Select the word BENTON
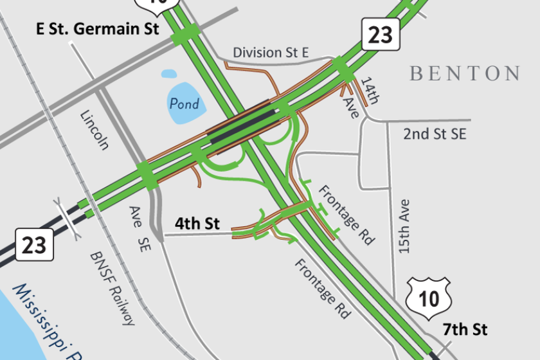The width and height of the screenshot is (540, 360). [465, 73]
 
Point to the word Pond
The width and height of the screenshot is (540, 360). [184, 104]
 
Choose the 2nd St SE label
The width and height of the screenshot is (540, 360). [434, 134]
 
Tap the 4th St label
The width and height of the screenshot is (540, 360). [198, 224]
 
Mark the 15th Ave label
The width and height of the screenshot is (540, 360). [404, 226]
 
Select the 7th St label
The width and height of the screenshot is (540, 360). [465, 330]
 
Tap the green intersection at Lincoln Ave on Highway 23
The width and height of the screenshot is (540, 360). [146, 175]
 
